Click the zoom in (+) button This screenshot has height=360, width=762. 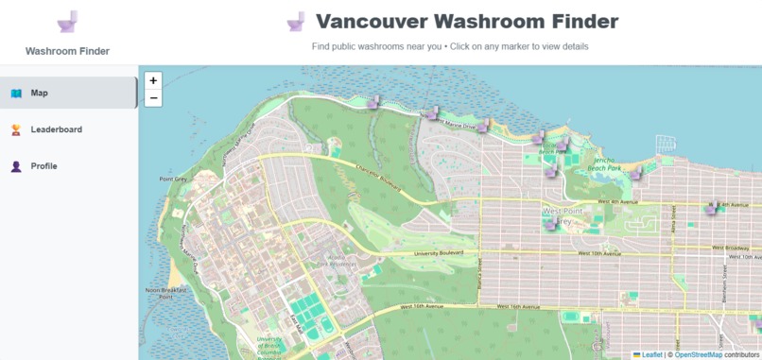pyautogui.click(x=153, y=80)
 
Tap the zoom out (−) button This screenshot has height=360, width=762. pyautogui.click(x=153, y=97)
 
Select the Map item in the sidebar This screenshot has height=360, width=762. pyautogui.click(x=68, y=93)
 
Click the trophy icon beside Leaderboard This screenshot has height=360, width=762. pyautogui.click(x=16, y=129)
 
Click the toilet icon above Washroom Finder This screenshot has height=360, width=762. pyautogui.click(x=67, y=23)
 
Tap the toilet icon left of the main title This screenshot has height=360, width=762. pyautogui.click(x=296, y=21)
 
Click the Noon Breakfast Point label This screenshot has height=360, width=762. pyautogui.click(x=165, y=293)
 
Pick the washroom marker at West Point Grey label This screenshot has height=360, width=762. pyautogui.click(x=551, y=223)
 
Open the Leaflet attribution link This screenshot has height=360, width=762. pyautogui.click(x=651, y=354)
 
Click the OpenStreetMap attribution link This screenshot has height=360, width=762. pyautogui.click(x=698, y=354)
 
